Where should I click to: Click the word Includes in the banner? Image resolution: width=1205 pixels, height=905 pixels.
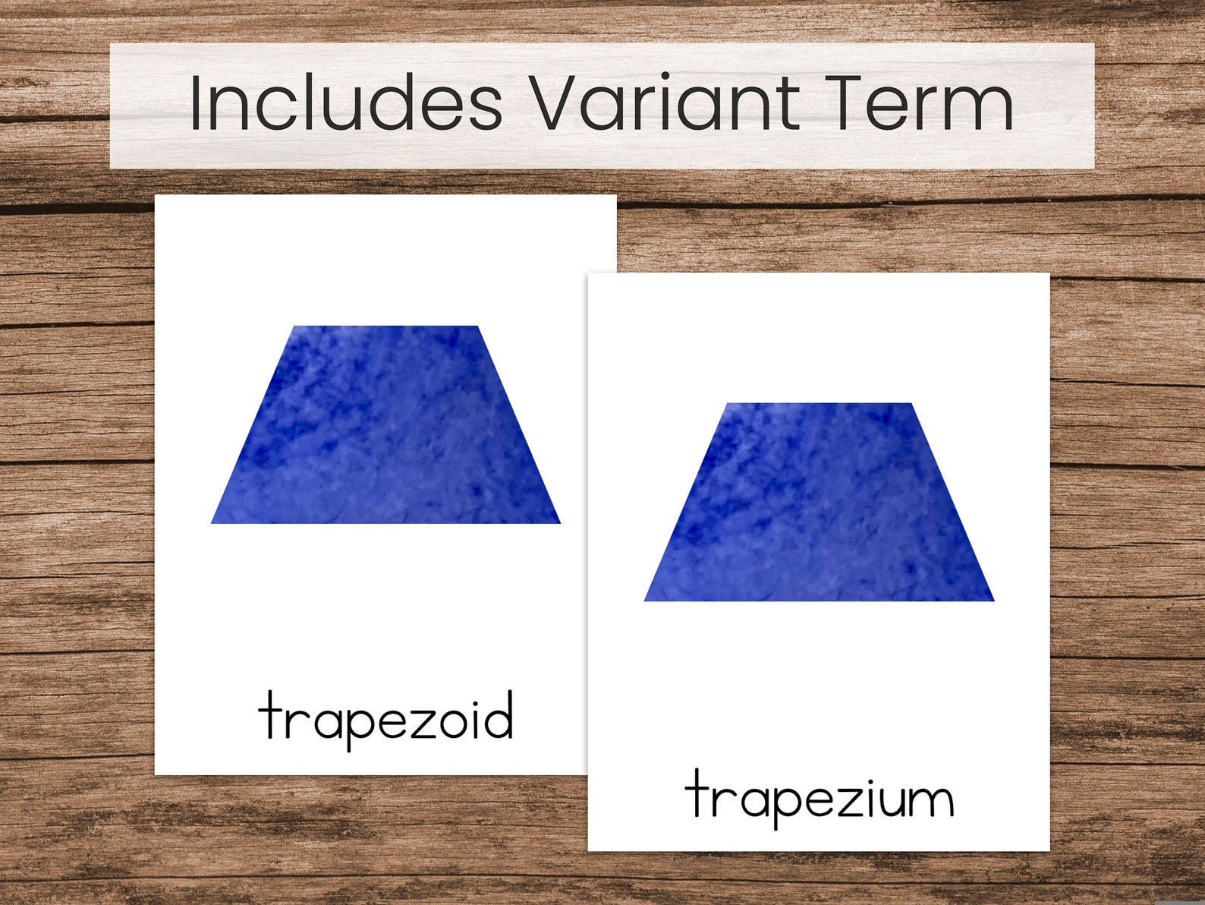click(x=345, y=103)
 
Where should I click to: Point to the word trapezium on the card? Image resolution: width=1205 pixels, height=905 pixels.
click(x=819, y=796)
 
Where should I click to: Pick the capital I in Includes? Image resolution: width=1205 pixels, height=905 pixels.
click(x=195, y=103)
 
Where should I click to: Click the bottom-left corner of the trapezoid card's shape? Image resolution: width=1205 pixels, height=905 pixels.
click(x=213, y=522)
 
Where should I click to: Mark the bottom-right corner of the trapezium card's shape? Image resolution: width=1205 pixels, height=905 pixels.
click(x=992, y=599)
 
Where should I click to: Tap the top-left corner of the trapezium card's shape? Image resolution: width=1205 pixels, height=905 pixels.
click(x=728, y=405)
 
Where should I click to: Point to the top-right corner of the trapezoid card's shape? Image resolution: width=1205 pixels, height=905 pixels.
click(x=477, y=327)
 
